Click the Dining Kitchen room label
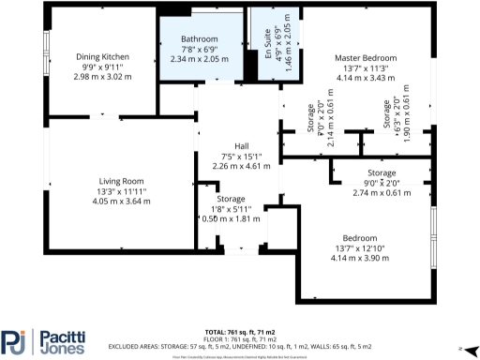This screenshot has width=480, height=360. pos(102,57)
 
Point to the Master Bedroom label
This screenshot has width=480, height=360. pos(366,58)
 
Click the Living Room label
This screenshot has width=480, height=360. pos(121,181)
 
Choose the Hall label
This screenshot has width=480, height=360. pos(241,147)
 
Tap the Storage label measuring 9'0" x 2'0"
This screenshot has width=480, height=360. pos(381,173)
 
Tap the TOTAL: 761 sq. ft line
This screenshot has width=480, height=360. pos(240,333)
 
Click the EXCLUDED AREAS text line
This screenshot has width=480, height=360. pos(240,346)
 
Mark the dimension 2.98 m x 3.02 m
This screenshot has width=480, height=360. pos(102,75)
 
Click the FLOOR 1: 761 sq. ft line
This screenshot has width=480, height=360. pos(240,339)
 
